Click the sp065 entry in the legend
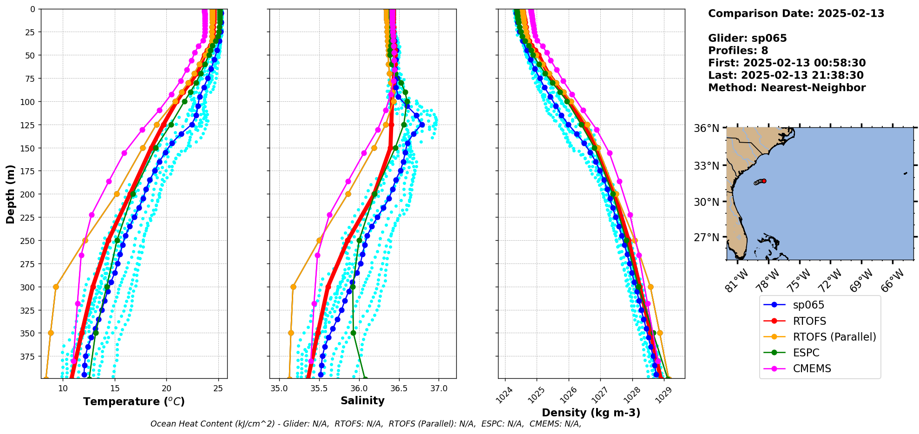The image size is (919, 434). pyautogui.click(x=808, y=305)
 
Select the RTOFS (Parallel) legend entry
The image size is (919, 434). pyautogui.click(x=834, y=337)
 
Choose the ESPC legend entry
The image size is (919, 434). pyautogui.click(x=806, y=353)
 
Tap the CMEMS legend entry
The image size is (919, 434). pyautogui.click(x=812, y=368)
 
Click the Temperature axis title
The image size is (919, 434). pyautogui.click(x=134, y=401)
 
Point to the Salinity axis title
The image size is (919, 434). pyautogui.click(x=362, y=401)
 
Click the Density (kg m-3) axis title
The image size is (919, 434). pyautogui.click(x=591, y=413)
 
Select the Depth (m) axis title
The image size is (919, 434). pyautogui.click(x=10, y=194)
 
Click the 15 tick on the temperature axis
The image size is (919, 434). pyautogui.click(x=115, y=388)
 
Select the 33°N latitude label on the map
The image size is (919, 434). pyautogui.click(x=706, y=166)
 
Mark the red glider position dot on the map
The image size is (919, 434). pyautogui.click(x=764, y=181)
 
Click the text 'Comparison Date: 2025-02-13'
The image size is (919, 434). pyautogui.click(x=796, y=13)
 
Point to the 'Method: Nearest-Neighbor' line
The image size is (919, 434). pyautogui.click(x=787, y=88)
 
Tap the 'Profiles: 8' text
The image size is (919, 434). pyautogui.click(x=738, y=51)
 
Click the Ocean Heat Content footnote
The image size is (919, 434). pyautogui.click(x=366, y=424)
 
